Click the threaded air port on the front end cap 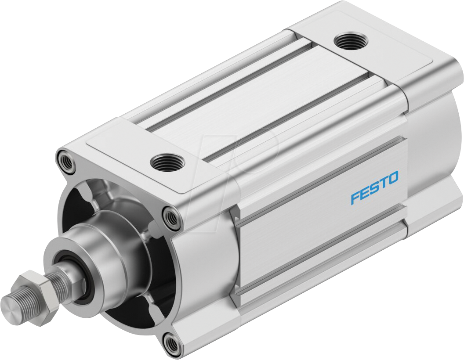pyautogui.click(x=162, y=163)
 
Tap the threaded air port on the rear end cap pyautogui.click(x=347, y=41)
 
